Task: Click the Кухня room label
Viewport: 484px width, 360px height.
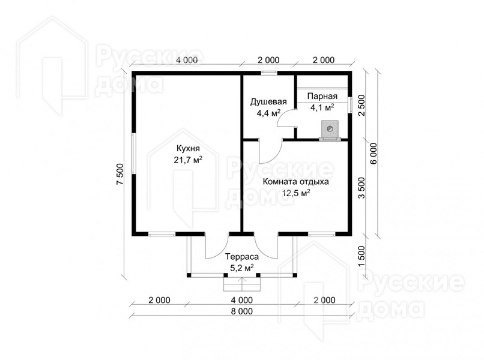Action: (x=188, y=148)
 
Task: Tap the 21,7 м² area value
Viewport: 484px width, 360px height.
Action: (x=189, y=160)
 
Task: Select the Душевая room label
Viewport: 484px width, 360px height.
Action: (x=268, y=102)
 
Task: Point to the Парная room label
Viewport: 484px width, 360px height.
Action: (x=322, y=96)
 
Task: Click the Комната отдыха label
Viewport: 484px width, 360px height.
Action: (x=295, y=182)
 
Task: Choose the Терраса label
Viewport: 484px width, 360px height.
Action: (x=242, y=257)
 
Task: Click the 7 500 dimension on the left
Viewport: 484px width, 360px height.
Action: (x=119, y=174)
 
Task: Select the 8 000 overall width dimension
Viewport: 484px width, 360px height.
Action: (x=241, y=311)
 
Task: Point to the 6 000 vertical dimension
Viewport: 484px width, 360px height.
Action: (x=373, y=154)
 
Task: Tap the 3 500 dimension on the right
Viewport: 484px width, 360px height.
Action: (x=361, y=188)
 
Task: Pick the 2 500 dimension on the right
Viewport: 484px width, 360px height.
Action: (x=361, y=105)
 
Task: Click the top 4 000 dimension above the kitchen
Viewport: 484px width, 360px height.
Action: (x=187, y=60)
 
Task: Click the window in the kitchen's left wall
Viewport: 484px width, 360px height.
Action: (x=134, y=154)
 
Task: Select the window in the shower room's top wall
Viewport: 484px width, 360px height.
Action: (x=268, y=73)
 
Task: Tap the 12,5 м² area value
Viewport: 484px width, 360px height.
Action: (x=296, y=193)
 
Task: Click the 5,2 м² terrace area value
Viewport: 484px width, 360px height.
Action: (x=242, y=268)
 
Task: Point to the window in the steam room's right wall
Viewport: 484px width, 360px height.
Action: (x=350, y=105)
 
